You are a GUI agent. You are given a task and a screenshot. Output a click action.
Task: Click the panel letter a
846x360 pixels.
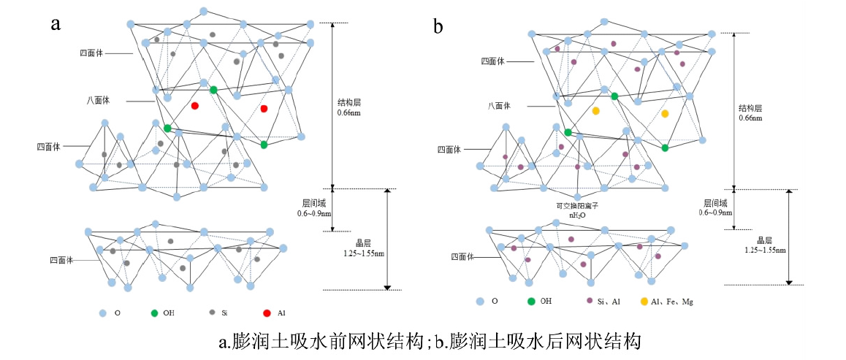[x=55, y=24]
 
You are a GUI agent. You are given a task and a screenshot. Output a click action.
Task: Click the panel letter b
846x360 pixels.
[x=438, y=28]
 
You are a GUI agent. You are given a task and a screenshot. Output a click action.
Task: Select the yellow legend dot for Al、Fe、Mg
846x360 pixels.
[x=644, y=301]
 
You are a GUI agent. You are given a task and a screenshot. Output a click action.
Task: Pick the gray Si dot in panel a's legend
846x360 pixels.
[x=213, y=313]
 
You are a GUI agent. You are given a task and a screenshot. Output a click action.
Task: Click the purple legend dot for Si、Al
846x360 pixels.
[x=589, y=301]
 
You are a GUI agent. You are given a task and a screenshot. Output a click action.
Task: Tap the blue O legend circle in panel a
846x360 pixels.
[x=102, y=313]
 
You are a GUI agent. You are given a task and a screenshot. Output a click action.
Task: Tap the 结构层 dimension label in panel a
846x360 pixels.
[x=348, y=103]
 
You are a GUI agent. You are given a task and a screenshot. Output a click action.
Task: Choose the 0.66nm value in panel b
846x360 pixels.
[x=750, y=118]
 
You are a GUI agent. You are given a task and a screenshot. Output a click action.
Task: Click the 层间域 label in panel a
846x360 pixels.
[x=315, y=203]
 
